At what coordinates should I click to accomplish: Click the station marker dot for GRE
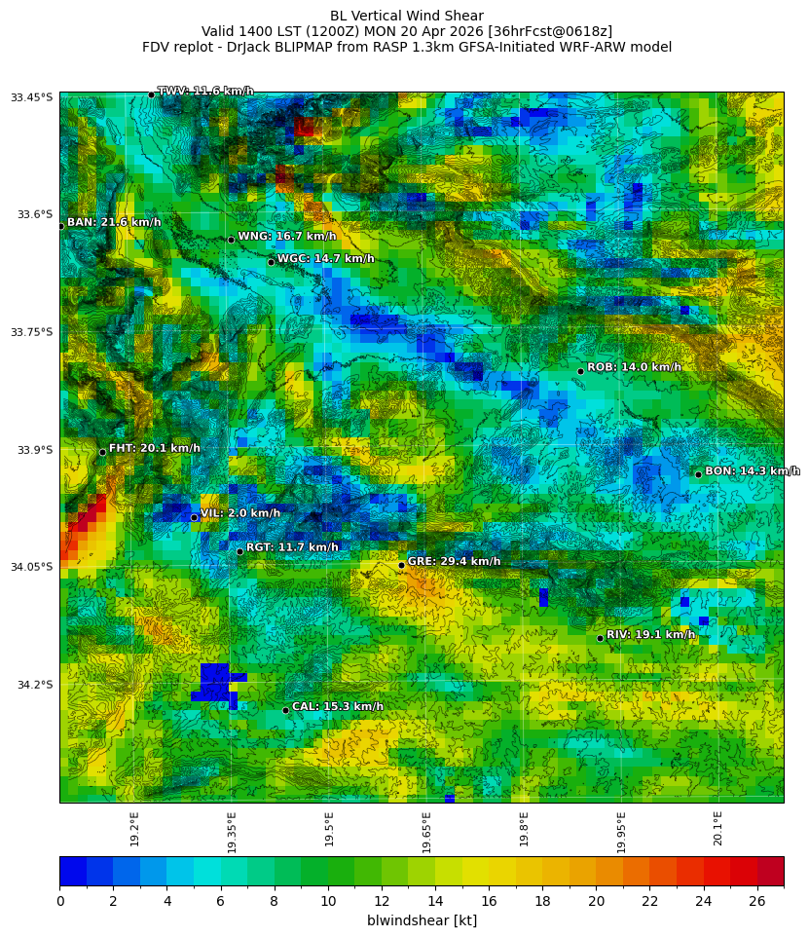pos(401,565)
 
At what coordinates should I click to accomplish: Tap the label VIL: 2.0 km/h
pos(239,513)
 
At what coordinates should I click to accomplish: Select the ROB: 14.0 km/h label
pos(634,367)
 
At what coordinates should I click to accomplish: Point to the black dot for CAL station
pos(285,710)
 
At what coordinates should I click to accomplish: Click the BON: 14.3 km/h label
pos(752,471)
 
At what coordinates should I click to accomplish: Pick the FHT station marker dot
pos(102,452)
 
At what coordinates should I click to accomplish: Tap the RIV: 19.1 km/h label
pos(650,635)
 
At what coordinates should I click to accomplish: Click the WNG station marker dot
pos(231,240)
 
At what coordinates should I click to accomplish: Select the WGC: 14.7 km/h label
pos(325,259)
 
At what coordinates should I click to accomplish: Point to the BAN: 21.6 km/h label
pos(114,223)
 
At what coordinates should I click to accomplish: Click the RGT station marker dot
pos(239,551)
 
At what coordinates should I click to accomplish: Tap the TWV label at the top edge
pos(205,92)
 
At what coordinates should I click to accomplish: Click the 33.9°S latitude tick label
pos(32,450)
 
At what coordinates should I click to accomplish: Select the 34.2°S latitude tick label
pos(32,685)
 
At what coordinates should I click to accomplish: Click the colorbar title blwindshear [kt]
pos(422,920)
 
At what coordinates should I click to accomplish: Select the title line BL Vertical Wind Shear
pos(406,16)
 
